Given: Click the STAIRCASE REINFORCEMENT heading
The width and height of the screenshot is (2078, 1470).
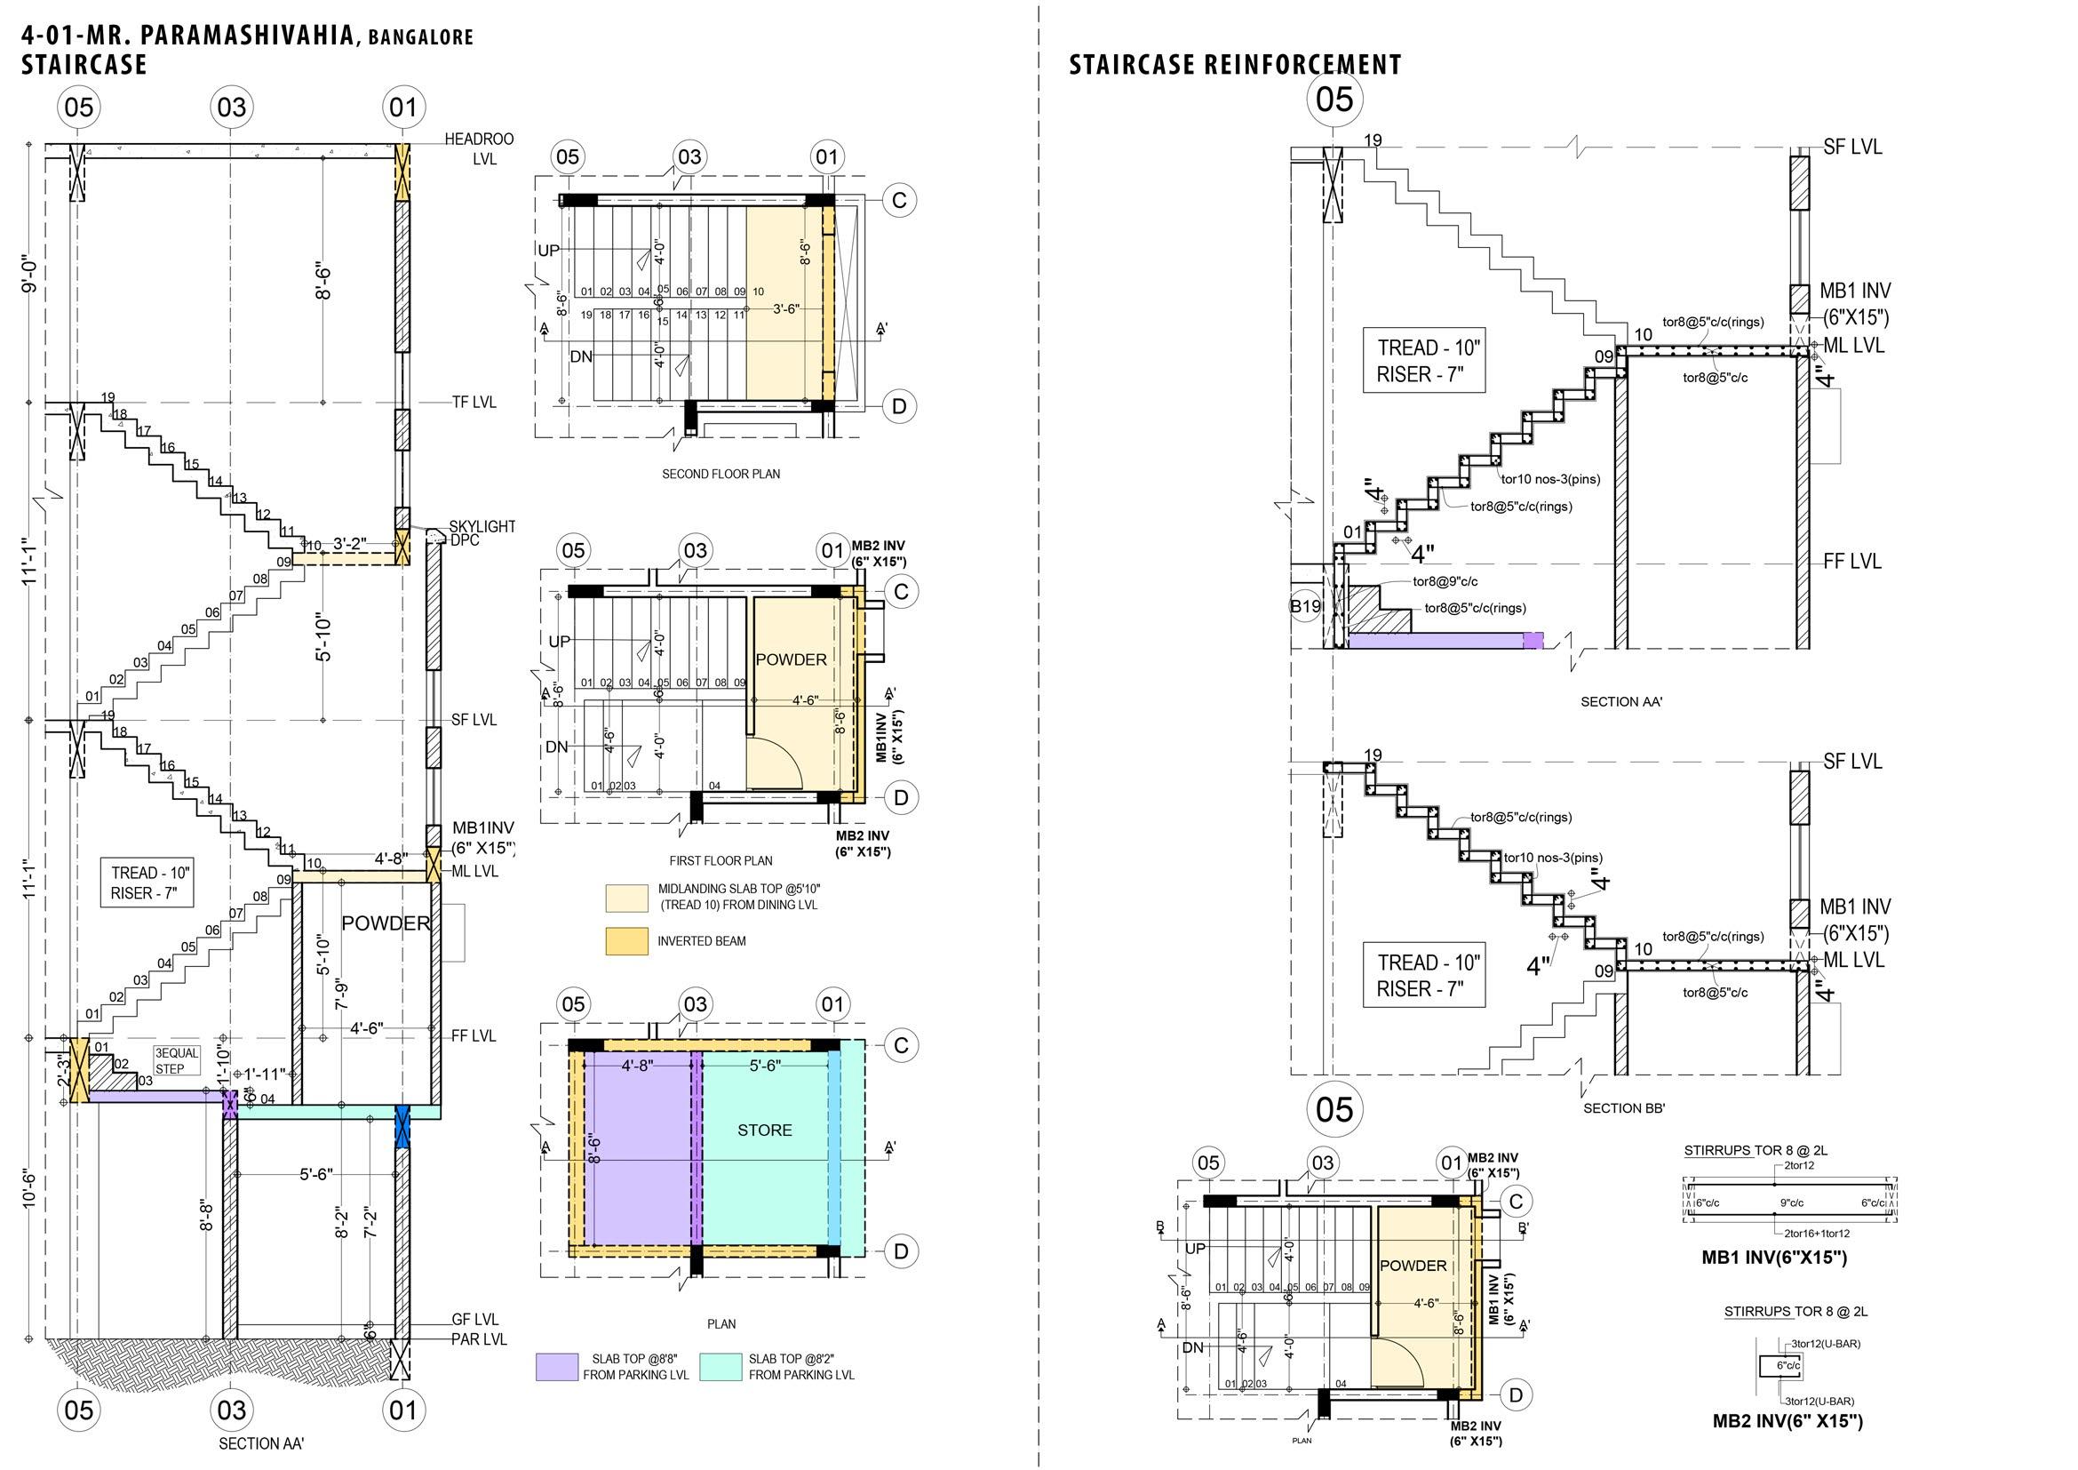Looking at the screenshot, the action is (x=1235, y=65).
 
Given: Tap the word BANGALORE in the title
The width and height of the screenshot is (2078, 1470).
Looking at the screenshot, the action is (x=421, y=38).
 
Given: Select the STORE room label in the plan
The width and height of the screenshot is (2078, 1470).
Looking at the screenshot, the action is (x=765, y=1130).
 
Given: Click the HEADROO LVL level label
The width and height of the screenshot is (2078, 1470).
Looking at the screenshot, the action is (x=479, y=148).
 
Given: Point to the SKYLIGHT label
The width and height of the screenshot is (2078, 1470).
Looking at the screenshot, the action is (x=482, y=526).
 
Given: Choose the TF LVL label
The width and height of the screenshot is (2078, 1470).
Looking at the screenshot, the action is (x=474, y=402).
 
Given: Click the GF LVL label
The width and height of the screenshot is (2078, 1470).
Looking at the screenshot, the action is (x=475, y=1320).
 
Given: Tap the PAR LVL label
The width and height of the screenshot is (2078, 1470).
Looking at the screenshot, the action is (x=479, y=1338).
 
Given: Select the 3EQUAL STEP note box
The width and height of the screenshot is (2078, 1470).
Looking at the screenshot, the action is (x=176, y=1061).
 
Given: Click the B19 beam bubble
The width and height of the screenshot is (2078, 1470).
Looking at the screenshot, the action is (x=1305, y=606).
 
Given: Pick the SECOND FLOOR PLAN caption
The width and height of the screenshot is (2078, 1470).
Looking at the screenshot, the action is (x=721, y=474).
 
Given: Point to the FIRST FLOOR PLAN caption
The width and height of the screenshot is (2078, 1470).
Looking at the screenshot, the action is (x=721, y=860).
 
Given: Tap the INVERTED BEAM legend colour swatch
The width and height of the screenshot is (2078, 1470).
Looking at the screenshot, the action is (x=626, y=941).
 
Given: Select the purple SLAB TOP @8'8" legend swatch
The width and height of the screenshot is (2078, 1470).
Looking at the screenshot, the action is (x=557, y=1367).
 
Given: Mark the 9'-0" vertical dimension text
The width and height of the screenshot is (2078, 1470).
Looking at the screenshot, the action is (x=30, y=273).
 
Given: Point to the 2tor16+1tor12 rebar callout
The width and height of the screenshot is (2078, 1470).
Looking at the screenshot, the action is (x=1817, y=1233).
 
